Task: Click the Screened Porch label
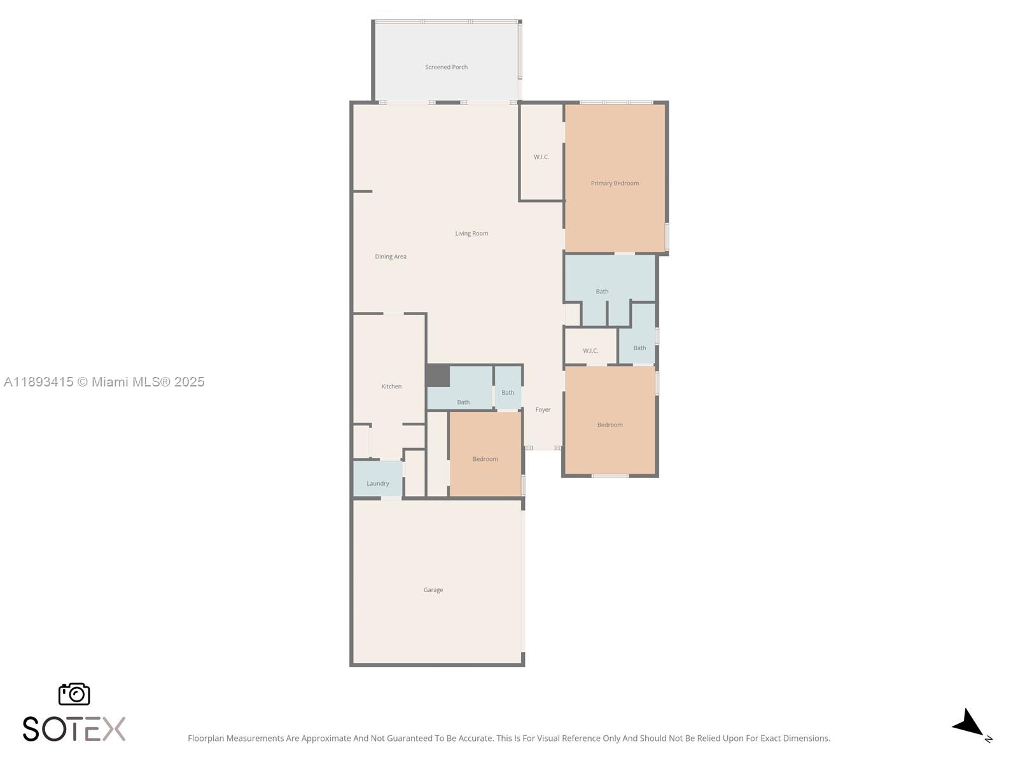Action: click(x=446, y=67)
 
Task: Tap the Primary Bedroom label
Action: click(x=615, y=183)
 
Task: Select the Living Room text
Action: click(x=471, y=233)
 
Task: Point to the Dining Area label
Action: click(x=391, y=257)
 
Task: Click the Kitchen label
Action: click(x=391, y=386)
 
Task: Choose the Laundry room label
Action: click(x=377, y=483)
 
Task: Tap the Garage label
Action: click(x=433, y=590)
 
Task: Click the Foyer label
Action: click(x=543, y=409)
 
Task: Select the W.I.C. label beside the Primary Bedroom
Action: click(x=541, y=157)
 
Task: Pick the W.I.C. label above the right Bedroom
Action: click(x=590, y=351)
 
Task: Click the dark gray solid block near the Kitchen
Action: click(x=438, y=376)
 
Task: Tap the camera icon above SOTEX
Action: click(x=74, y=694)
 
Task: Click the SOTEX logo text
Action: click(x=74, y=729)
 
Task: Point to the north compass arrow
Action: click(x=969, y=724)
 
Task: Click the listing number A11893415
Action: click(x=39, y=382)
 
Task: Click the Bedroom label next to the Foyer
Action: click(x=610, y=425)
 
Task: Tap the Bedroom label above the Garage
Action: click(x=485, y=459)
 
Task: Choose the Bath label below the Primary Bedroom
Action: click(x=602, y=292)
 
